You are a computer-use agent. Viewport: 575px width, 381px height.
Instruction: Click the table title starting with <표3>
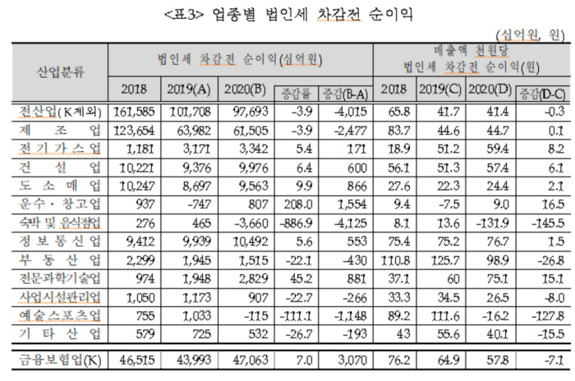287,14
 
